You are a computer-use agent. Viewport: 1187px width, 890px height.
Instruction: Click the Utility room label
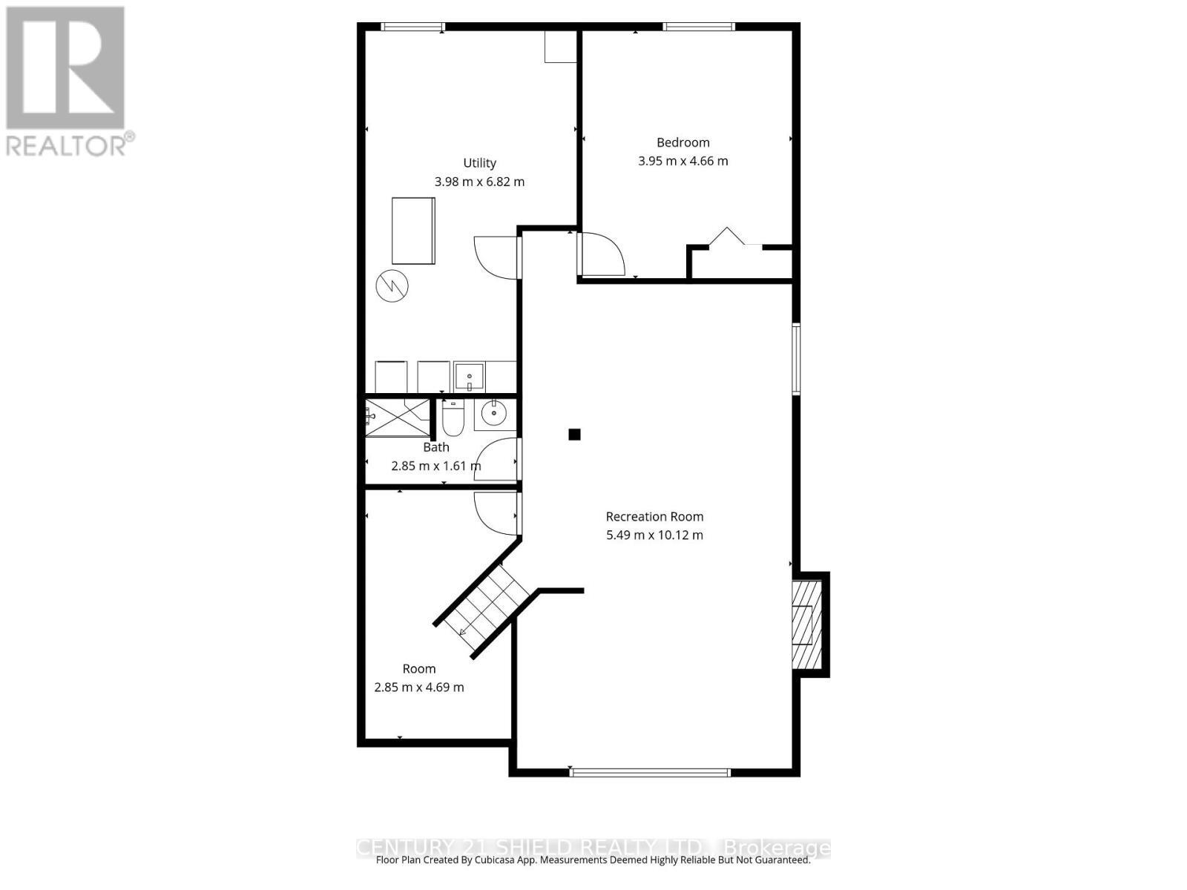pyautogui.click(x=479, y=163)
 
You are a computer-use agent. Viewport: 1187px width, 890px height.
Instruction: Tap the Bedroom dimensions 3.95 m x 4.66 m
pyautogui.click(x=683, y=161)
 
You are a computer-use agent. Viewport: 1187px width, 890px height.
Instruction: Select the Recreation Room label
pyautogui.click(x=654, y=517)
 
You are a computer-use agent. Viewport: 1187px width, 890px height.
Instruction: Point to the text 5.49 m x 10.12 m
pyautogui.click(x=654, y=535)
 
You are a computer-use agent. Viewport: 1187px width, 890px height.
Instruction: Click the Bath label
pyautogui.click(x=436, y=447)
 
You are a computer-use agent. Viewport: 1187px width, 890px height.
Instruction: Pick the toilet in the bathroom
pyautogui.click(x=453, y=419)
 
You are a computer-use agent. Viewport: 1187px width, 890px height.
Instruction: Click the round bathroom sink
pyautogui.click(x=493, y=414)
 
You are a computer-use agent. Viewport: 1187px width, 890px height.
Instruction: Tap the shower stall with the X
pyautogui.click(x=398, y=418)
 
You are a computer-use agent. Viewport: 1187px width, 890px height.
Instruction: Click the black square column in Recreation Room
pyautogui.click(x=574, y=435)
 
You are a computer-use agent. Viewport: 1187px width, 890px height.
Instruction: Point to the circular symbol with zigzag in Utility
pyautogui.click(x=392, y=286)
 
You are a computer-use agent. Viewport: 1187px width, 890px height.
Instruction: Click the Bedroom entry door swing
pyautogui.click(x=601, y=254)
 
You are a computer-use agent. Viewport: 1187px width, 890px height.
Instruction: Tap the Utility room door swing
pyautogui.click(x=496, y=257)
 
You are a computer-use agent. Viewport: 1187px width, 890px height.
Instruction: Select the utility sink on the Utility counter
pyautogui.click(x=469, y=377)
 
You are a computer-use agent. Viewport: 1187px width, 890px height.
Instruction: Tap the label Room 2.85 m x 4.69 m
pyautogui.click(x=419, y=678)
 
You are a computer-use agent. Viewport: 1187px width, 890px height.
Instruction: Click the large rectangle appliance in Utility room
pyautogui.click(x=413, y=230)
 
